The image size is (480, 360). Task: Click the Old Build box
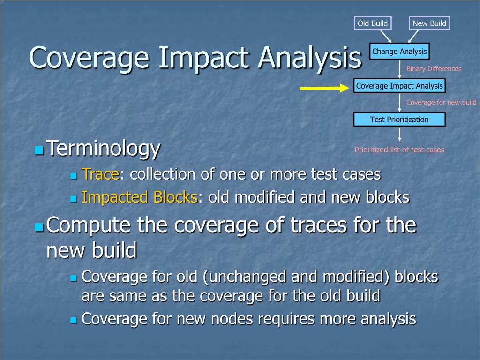coord(373,23)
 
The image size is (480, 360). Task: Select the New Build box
coord(429,23)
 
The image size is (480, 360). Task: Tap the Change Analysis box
coord(399,52)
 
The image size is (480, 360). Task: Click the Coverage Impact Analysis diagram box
coord(399,86)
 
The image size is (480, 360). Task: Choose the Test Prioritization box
coord(399,120)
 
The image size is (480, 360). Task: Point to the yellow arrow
coord(324,88)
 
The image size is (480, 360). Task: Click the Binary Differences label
coord(434,69)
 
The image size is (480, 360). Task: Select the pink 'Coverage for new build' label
coord(442,102)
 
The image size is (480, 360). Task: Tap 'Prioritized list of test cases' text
coord(399,150)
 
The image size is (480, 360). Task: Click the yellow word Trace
coord(100,174)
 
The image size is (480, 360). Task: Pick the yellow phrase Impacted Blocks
coord(140,197)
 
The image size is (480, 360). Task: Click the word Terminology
coord(103,149)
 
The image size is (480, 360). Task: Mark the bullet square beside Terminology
coord(39,150)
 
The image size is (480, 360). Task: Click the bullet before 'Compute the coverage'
coord(39,227)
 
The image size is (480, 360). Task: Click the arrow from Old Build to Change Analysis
coord(385,36)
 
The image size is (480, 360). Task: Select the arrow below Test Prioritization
coord(399,134)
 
